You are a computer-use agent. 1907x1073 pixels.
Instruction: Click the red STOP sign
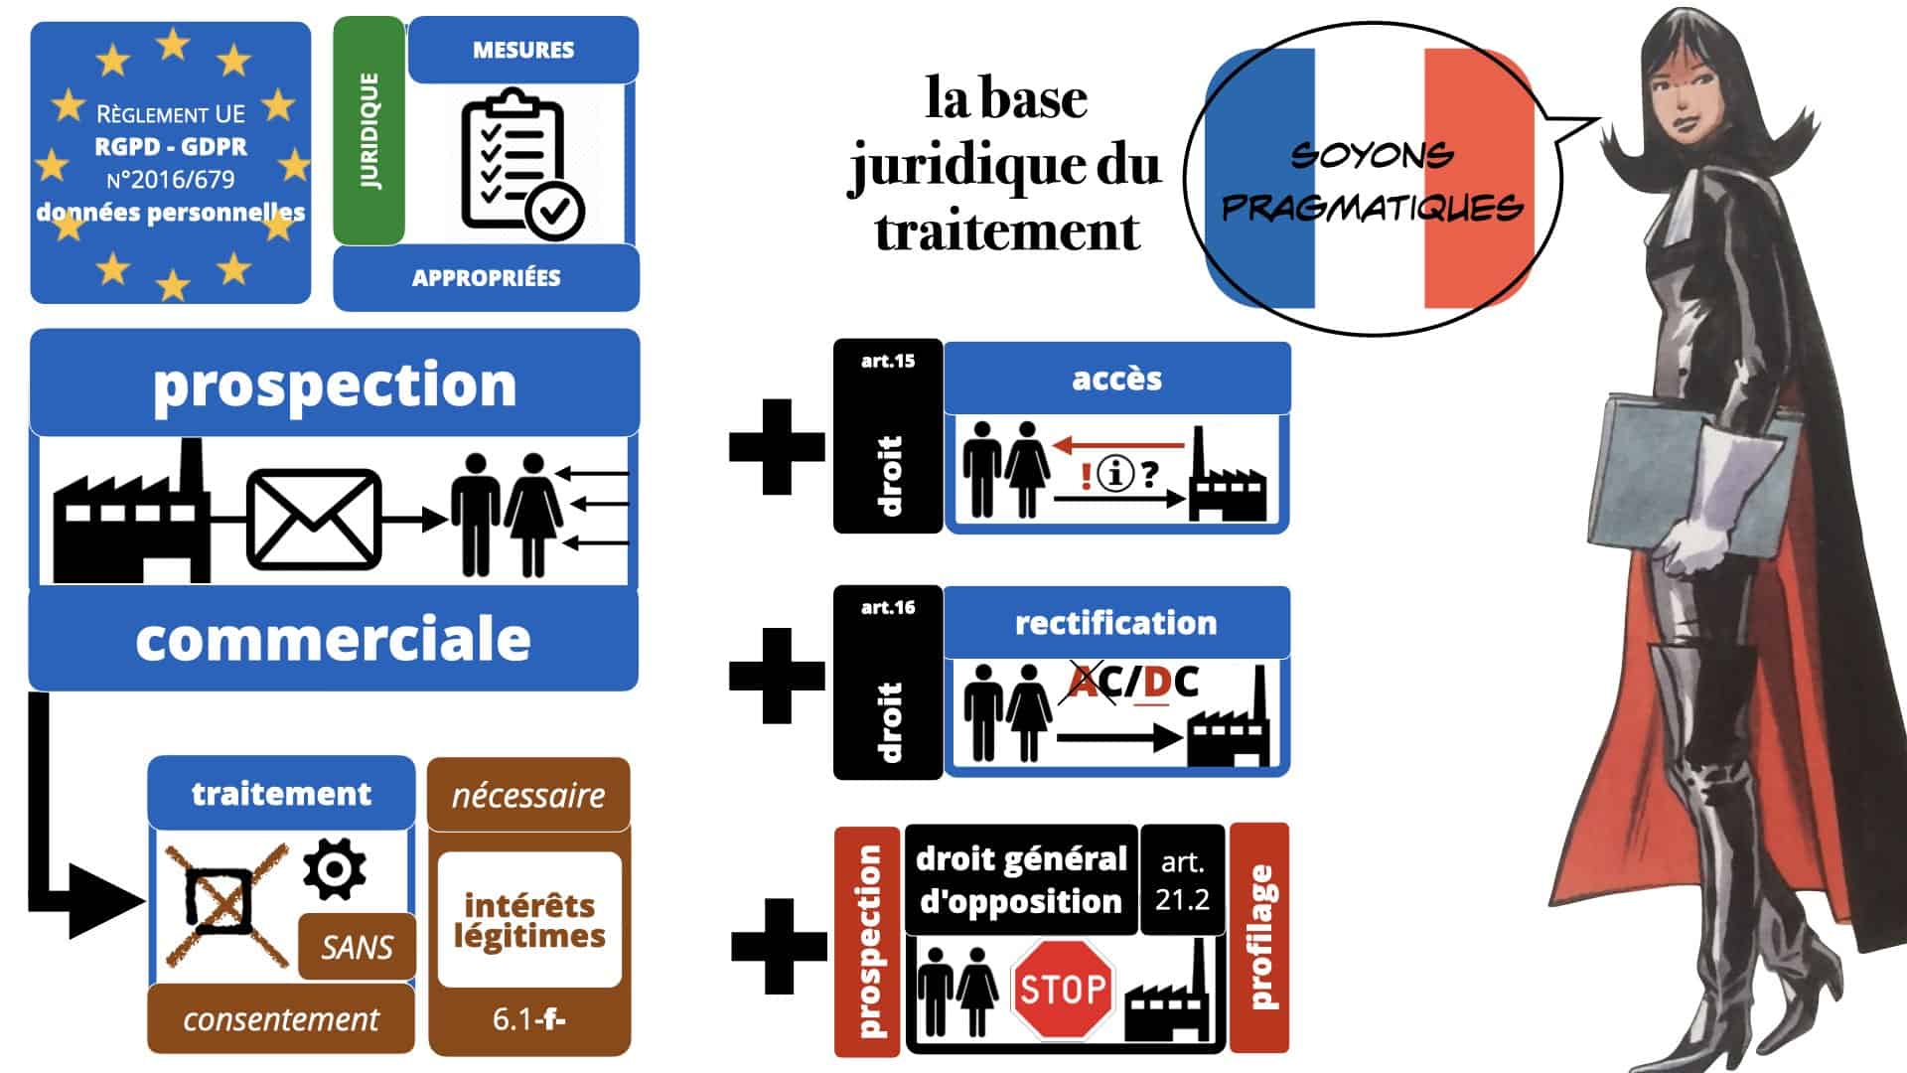point(1062,989)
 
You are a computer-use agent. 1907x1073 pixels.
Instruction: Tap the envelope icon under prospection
point(313,519)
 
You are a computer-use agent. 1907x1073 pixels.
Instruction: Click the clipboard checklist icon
point(519,165)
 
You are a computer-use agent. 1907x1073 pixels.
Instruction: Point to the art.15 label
point(888,362)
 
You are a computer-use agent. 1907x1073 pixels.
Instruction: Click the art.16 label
point(888,607)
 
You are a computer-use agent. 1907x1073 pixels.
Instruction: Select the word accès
point(1116,379)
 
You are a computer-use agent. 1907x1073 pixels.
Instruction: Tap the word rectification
point(1115,623)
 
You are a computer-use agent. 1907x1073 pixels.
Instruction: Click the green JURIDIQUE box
point(368,130)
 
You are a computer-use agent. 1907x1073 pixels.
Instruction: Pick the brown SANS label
point(357,947)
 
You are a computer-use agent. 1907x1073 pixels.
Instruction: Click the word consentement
point(281,1019)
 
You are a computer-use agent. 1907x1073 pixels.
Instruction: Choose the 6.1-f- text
point(528,1019)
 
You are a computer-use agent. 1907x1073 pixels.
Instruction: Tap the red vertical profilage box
point(1259,937)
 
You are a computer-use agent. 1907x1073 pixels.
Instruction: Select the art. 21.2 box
point(1182,880)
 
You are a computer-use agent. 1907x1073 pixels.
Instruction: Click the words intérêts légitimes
point(529,920)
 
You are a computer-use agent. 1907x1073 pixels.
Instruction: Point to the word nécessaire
point(528,795)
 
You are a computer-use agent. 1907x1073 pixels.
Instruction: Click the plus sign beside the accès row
point(777,447)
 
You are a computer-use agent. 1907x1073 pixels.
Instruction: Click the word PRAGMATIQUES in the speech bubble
point(1372,207)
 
